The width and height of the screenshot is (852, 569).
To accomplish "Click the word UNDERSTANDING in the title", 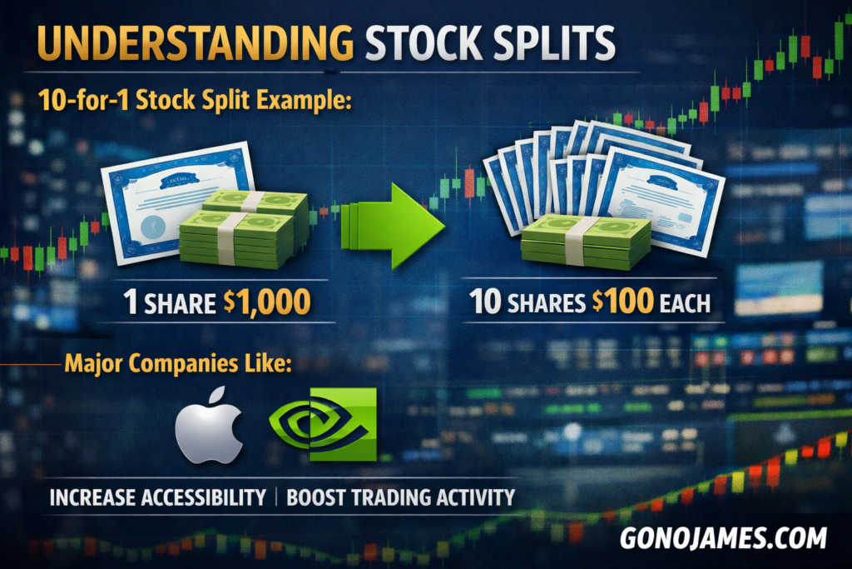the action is [196, 42].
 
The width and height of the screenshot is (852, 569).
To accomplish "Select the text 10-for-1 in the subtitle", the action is [83, 100].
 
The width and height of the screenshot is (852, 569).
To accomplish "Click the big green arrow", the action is [393, 226].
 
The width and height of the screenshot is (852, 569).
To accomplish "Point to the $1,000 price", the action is [267, 302].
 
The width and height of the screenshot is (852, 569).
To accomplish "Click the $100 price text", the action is [622, 302].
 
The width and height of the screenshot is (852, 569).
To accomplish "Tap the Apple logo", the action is [209, 426].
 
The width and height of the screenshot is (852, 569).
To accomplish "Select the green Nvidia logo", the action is [323, 424].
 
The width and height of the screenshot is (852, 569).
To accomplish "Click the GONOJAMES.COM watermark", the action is [723, 538].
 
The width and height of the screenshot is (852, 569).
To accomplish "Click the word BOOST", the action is [315, 497].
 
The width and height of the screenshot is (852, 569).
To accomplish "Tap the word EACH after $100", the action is [686, 303].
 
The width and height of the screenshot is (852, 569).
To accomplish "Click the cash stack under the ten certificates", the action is [586, 241].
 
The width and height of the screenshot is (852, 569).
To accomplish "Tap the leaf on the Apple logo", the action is [217, 395].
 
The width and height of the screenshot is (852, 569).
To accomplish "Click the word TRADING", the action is [391, 497].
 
